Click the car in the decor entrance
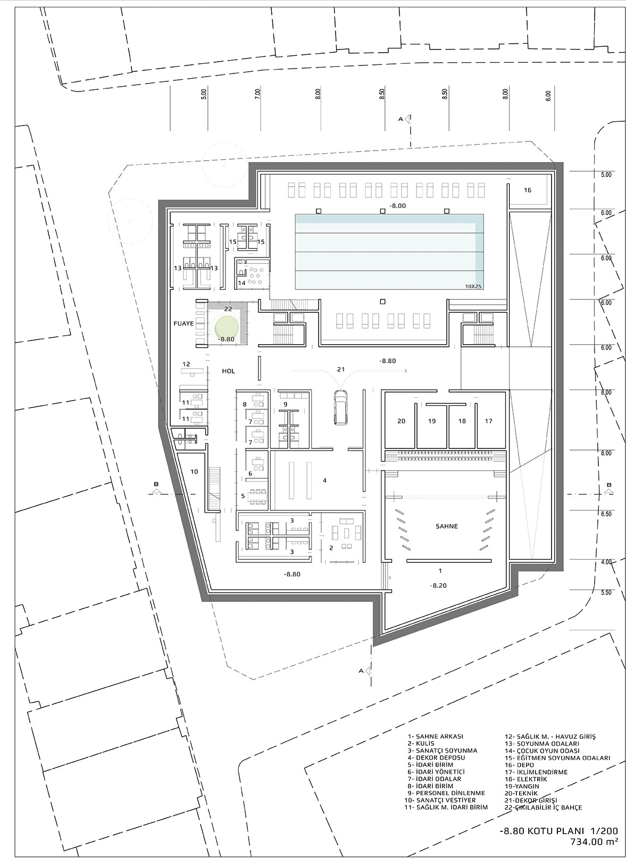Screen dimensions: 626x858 (x=341, y=407)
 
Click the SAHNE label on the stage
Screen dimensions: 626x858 (x=446, y=526)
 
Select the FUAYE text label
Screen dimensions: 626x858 (x=184, y=323)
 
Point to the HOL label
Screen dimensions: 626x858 (x=228, y=371)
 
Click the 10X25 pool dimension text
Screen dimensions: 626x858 (x=473, y=286)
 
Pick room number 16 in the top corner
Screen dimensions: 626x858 (x=528, y=190)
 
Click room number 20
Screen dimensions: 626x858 (x=401, y=421)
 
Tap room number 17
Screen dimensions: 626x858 (x=489, y=421)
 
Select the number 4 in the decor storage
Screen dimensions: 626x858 (x=324, y=480)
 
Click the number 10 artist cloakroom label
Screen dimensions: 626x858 (x=194, y=471)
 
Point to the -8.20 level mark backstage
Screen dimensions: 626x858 (x=438, y=586)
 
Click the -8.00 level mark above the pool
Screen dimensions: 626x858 (x=397, y=206)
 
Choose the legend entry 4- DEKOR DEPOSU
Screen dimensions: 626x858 (x=436, y=757)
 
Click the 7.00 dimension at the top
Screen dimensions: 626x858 (x=257, y=94)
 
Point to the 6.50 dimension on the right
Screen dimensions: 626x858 (x=606, y=514)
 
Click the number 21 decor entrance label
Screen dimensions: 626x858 (x=341, y=370)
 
